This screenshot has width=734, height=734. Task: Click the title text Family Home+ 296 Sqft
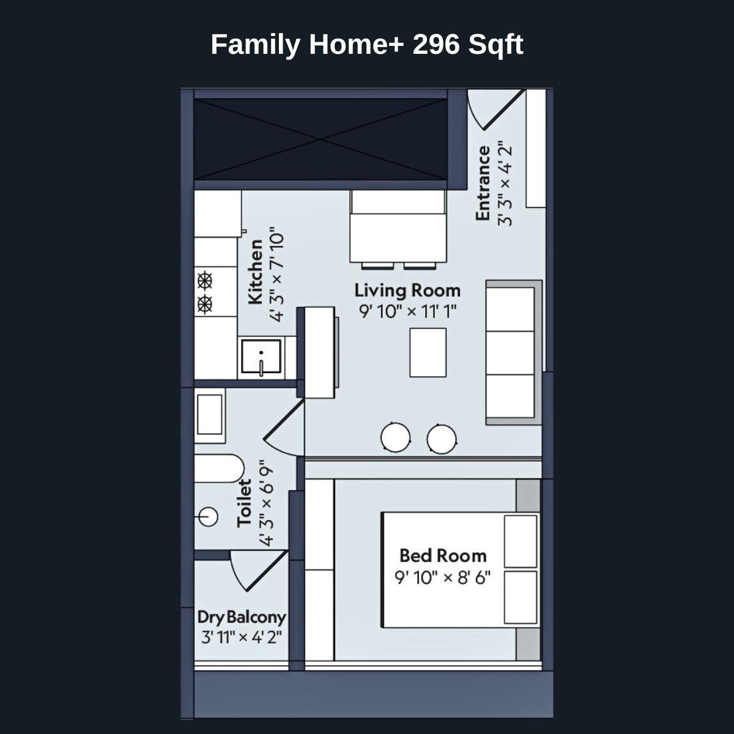(x=366, y=45)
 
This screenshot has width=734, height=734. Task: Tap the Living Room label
(x=407, y=290)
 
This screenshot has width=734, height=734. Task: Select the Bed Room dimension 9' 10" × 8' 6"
(x=443, y=577)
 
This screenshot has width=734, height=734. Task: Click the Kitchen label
(x=256, y=272)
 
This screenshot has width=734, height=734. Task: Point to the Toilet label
(x=245, y=503)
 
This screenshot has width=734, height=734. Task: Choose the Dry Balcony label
(x=241, y=617)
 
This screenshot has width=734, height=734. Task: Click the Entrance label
(x=483, y=183)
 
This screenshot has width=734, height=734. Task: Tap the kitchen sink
(x=261, y=357)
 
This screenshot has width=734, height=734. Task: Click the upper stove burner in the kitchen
(x=205, y=281)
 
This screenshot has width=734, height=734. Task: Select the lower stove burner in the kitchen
(x=205, y=303)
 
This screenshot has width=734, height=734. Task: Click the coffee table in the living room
(x=428, y=352)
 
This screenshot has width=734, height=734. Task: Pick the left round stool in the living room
(x=395, y=438)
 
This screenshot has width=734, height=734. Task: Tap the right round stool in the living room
(x=442, y=439)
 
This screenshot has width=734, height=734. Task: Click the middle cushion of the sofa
(x=510, y=353)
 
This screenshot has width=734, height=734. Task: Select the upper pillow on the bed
(x=521, y=541)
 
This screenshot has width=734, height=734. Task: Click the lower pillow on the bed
(x=521, y=596)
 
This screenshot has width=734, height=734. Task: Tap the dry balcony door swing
(x=254, y=569)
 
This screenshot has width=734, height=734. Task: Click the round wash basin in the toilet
(x=209, y=517)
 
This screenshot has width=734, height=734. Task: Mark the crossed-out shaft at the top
(x=321, y=139)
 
